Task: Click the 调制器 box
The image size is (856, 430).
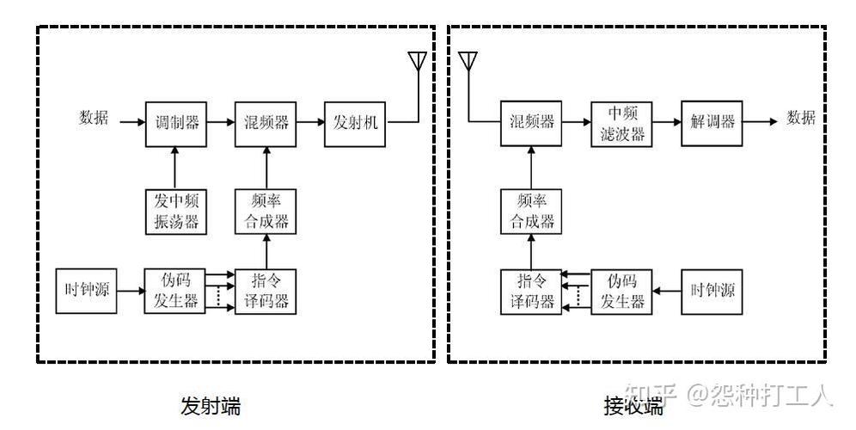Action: click(176, 122)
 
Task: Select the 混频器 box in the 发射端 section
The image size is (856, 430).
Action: click(266, 122)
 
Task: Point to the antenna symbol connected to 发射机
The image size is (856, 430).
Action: click(417, 63)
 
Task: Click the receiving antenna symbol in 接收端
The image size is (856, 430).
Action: click(468, 63)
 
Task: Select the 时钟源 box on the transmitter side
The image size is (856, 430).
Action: click(86, 291)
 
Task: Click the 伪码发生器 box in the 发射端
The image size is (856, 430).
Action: click(176, 291)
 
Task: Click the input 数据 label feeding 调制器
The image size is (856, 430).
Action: click(94, 119)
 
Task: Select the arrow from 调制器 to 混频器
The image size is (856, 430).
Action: click(220, 122)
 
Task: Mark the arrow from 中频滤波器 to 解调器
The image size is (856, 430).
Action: click(664, 122)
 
